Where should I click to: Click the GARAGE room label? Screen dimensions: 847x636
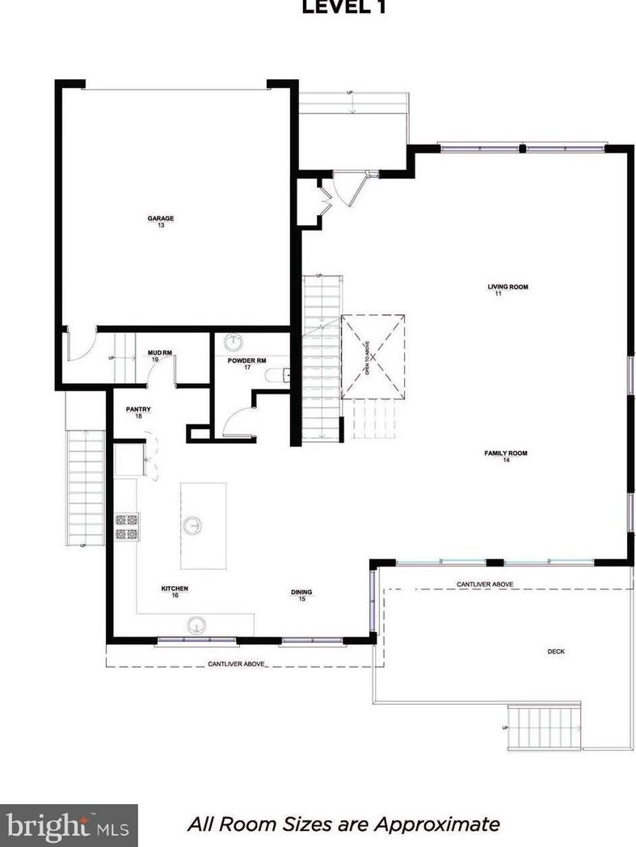160,218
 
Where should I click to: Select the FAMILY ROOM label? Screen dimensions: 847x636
506,453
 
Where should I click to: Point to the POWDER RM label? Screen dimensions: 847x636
246,360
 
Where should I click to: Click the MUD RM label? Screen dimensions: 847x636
160,352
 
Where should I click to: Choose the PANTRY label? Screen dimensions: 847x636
138,410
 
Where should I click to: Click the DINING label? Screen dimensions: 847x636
301,592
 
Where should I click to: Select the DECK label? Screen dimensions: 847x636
555,651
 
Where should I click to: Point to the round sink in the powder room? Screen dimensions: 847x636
235,340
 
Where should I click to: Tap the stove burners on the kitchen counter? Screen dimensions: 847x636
127,527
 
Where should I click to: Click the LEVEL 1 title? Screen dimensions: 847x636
343,8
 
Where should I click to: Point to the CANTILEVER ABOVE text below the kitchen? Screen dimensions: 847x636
235,664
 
